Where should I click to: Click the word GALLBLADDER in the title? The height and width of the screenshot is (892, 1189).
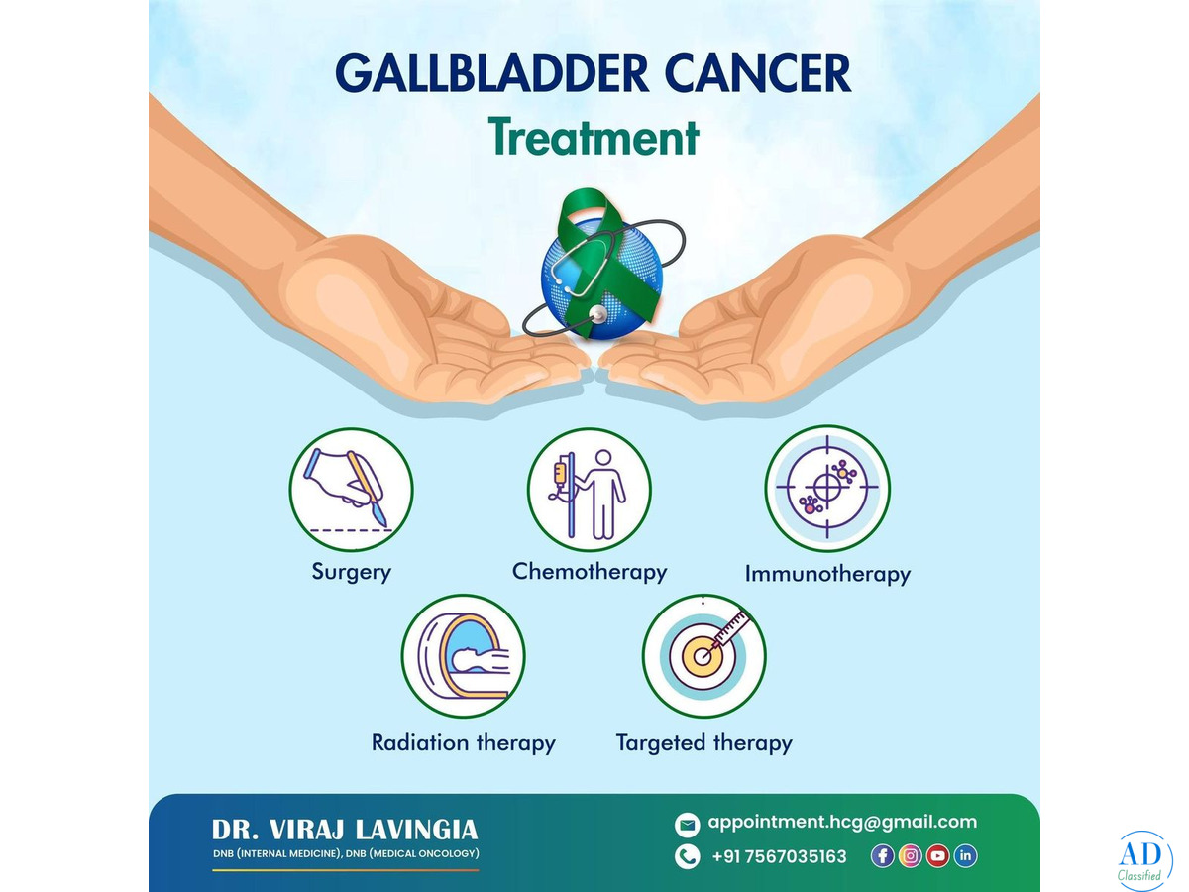tap(491, 73)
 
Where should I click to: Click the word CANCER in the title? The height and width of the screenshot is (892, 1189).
tap(758, 73)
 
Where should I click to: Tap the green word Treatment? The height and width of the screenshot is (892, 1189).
tap(594, 137)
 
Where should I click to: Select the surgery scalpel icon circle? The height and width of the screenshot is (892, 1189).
tap(351, 490)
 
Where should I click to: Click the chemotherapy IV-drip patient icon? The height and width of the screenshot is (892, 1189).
tap(590, 490)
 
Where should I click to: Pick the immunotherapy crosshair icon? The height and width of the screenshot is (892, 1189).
tap(827, 488)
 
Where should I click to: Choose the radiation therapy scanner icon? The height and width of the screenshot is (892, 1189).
tap(463, 656)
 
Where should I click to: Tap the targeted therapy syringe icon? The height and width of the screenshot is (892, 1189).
tap(704, 656)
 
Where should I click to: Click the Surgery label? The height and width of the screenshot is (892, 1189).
tap(351, 573)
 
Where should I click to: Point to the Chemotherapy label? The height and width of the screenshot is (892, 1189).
tap(590, 573)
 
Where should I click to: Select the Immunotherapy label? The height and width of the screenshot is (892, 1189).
tap(827, 575)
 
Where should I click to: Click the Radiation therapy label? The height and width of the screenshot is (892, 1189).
tap(463, 743)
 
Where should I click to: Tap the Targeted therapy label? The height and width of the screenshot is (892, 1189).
tap(704, 743)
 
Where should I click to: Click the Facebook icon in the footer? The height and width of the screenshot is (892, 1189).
tap(882, 855)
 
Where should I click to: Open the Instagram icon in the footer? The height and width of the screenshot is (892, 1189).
tap(910, 855)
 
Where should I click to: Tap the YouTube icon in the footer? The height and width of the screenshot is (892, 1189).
tap(937, 855)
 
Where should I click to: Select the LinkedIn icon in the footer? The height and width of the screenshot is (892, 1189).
tap(965, 855)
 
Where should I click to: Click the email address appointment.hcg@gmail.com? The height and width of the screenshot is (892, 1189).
tap(842, 823)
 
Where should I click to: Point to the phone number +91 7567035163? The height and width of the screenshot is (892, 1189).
tap(779, 856)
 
